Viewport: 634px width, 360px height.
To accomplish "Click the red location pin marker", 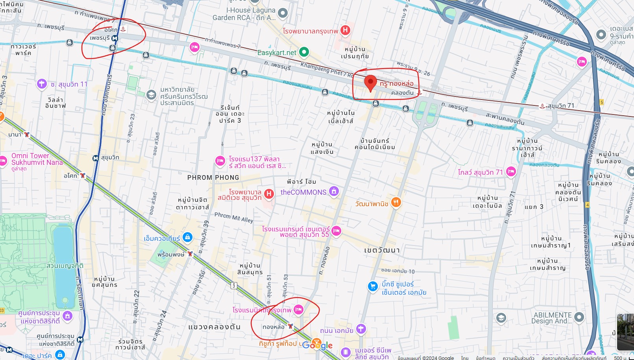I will tap(370, 83).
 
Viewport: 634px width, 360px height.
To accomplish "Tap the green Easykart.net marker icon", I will tap(304, 52).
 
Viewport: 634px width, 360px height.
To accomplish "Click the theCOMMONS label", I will tap(303, 192).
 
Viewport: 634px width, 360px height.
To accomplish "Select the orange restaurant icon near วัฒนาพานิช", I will tap(396, 202).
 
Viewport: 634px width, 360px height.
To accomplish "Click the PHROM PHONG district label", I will tap(213, 177).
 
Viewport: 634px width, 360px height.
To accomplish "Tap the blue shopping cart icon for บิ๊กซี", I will tap(372, 286).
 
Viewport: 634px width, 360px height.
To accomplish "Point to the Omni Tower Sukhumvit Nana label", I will tap(37, 159).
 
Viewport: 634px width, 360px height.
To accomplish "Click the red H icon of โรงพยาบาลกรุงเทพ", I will tap(345, 30).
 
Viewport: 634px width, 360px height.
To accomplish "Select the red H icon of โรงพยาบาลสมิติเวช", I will tap(269, 194).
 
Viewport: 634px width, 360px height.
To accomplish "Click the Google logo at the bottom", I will tap(318, 345).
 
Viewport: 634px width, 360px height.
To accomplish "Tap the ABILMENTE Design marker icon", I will tap(579, 317).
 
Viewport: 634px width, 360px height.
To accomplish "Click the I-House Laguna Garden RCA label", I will tap(244, 14).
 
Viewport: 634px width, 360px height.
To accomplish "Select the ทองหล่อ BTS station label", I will tap(273, 327).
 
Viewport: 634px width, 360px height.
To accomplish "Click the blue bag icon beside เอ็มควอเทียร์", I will tap(188, 237).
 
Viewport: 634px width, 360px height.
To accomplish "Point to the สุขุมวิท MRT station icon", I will tap(95, 158).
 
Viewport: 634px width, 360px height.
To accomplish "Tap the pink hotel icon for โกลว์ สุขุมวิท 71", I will tap(511, 171).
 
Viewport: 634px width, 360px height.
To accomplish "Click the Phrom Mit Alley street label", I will tap(234, 217).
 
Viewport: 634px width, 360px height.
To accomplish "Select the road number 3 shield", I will tap(234, 286).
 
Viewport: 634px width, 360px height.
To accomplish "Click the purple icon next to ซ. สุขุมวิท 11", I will tap(42, 84).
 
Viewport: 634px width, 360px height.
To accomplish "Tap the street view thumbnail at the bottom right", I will tap(625, 332).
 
